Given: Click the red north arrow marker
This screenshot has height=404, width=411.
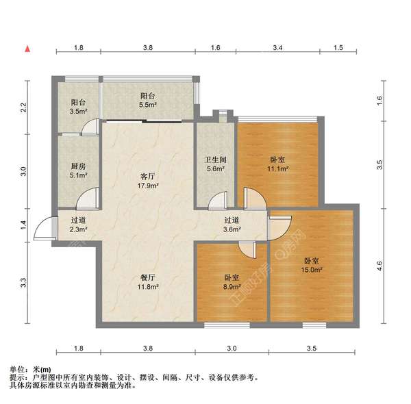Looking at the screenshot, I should click(27, 49).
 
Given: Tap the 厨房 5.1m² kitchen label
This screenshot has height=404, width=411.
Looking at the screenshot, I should click(78, 170).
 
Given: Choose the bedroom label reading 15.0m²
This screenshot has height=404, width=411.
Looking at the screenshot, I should click(312, 265).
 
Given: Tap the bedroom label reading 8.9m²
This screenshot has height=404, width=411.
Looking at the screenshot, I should click(232, 283).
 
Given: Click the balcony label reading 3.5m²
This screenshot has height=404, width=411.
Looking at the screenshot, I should click(78, 106).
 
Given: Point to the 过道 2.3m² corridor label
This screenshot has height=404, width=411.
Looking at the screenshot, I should click(78, 225).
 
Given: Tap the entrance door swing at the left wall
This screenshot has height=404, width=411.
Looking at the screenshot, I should click(42, 227).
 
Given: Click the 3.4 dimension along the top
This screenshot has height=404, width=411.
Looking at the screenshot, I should click(277, 49).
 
